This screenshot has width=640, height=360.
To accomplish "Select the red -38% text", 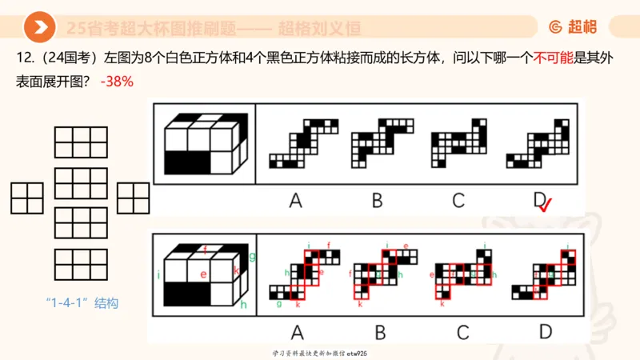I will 117,82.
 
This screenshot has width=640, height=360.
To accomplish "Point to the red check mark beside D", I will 547,206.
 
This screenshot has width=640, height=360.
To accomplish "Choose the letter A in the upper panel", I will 295,201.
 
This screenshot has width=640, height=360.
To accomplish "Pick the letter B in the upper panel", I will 377,201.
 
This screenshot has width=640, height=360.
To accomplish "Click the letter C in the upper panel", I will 458,201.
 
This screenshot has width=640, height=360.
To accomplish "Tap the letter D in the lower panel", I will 546,331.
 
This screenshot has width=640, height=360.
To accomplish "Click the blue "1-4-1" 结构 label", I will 82,303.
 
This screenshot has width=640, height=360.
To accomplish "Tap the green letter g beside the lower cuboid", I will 252,256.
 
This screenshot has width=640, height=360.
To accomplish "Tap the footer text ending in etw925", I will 319,353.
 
